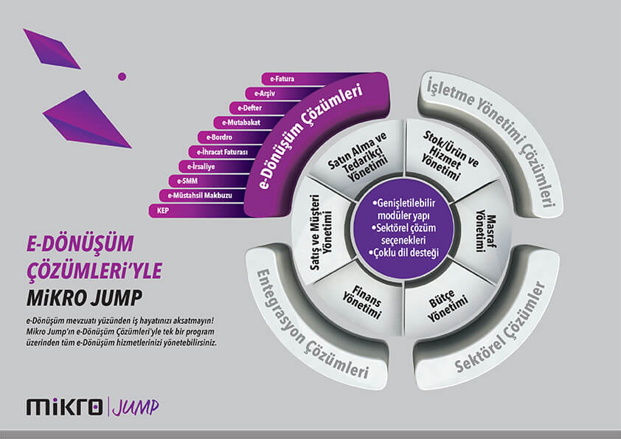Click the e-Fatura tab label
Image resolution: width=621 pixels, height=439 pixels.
[282, 78]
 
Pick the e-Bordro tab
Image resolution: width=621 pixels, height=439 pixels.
[220, 137]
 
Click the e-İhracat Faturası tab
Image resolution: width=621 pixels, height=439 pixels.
[221, 152]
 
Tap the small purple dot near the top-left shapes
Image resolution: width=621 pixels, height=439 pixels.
[122, 75]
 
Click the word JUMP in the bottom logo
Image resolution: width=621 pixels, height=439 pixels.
[136, 405]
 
